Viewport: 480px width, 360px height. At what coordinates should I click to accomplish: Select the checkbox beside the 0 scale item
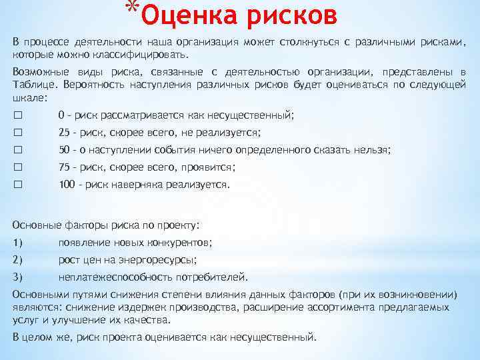(17, 115)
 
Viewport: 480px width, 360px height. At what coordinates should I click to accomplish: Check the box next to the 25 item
(17, 132)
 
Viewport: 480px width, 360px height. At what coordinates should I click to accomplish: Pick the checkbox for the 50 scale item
(17, 149)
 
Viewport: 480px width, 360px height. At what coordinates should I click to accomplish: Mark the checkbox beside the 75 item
(17, 167)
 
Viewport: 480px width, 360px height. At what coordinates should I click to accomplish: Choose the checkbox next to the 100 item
(17, 184)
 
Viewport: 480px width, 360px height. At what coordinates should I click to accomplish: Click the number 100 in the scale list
(67, 184)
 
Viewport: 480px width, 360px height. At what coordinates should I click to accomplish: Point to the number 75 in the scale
(65, 167)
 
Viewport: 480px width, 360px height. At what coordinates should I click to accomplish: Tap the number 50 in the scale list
(65, 149)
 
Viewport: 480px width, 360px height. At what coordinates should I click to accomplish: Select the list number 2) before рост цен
(18, 259)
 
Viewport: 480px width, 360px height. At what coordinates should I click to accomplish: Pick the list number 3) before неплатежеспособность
(18, 277)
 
